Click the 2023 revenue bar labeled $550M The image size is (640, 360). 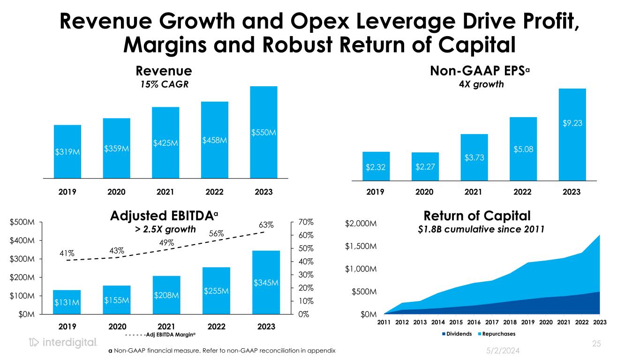264,133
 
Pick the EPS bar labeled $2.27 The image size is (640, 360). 425,166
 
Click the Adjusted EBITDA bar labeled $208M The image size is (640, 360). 167,295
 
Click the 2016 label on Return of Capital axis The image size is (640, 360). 474,322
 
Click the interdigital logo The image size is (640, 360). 63,343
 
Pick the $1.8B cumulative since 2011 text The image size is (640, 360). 477,229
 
